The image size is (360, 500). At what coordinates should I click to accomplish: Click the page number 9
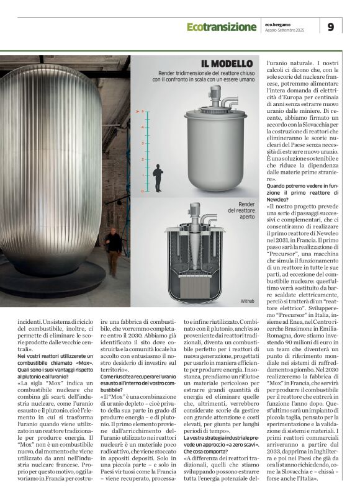coord(331,27)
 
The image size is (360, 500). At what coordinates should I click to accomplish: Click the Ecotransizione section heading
coord(221,27)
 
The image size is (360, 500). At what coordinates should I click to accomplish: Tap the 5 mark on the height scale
coord(142,112)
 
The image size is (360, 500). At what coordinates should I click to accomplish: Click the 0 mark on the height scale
coord(142,191)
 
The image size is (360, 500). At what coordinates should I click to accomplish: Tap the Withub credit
coord(248,300)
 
